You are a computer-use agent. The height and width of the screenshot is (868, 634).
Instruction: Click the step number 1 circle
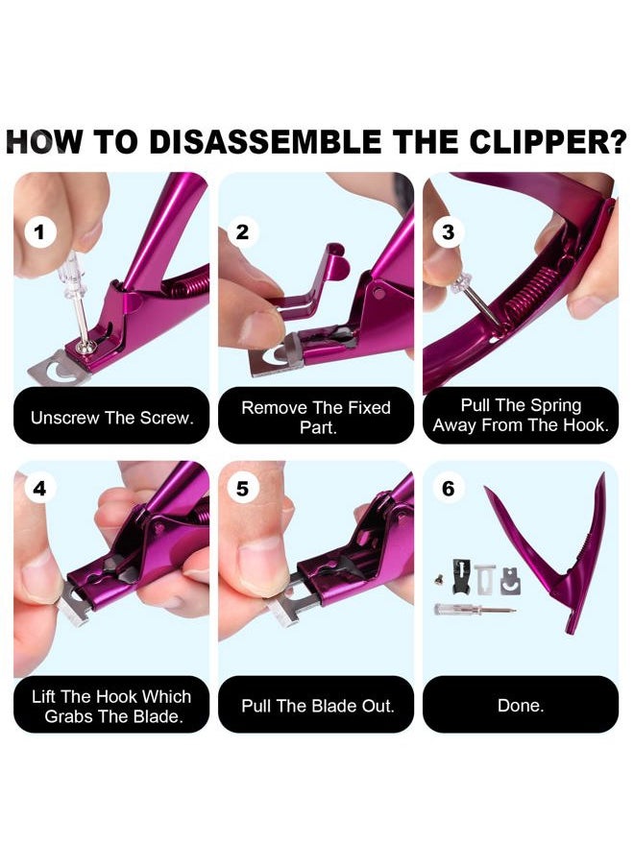pos(39,231)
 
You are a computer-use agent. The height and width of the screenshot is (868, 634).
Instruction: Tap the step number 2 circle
pos(242,231)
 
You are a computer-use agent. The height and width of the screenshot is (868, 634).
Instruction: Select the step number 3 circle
pos(448,231)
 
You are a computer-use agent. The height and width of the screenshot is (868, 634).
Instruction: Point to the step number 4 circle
pos(39,489)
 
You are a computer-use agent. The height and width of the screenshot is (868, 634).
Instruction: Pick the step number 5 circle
pos(242,489)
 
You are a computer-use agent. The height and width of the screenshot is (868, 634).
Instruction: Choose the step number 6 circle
pos(448,489)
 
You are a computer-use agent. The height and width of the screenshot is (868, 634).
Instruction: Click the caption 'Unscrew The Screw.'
pos(111,418)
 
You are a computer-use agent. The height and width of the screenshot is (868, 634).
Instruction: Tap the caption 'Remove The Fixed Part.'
pos(315,417)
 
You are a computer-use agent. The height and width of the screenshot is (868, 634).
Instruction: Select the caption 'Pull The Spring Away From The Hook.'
pos(520,415)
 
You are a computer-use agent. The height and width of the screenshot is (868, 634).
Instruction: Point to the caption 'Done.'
pos(520,706)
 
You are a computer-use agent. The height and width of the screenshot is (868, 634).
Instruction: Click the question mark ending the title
pos(615,142)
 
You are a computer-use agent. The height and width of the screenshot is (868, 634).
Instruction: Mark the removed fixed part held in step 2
pos(312,278)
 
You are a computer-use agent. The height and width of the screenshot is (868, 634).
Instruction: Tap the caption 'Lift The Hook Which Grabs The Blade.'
pos(111,706)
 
